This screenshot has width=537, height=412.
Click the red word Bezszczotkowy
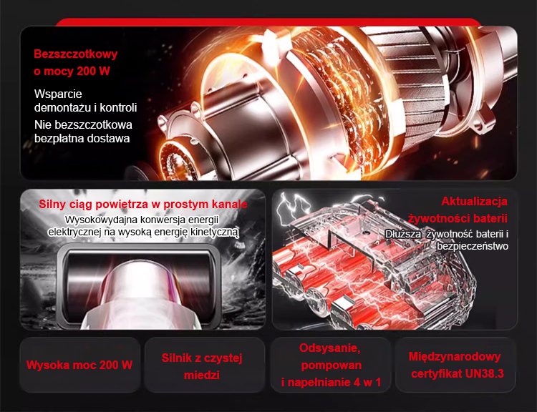tap(76, 54)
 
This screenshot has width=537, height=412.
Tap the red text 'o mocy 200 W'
tap(72, 72)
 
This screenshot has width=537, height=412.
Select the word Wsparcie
tap(58, 94)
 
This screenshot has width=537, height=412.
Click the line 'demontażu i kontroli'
tap(86, 107)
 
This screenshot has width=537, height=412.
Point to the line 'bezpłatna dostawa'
tap(82, 139)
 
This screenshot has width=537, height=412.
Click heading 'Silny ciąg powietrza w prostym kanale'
tap(142, 204)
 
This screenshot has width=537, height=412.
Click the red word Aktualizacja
tap(474, 201)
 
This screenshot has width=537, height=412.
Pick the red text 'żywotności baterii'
tap(458, 218)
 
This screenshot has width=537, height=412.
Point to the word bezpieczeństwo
tap(473, 246)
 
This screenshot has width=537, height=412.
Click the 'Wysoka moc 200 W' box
tap(79, 365)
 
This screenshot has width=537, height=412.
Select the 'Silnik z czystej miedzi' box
tap(205, 365)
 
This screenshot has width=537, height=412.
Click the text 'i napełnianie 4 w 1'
tap(331, 382)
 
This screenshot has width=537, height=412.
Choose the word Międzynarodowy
tap(455, 356)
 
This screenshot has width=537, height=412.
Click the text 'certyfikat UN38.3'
tap(458, 373)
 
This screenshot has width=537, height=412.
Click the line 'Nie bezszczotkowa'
tap(83, 124)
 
